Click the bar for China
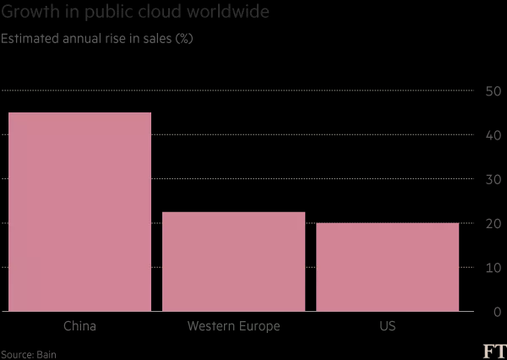click(x=79, y=211)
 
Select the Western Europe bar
click(x=233, y=261)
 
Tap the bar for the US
click(x=387, y=267)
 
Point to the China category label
click(x=79, y=326)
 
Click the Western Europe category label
click(x=233, y=326)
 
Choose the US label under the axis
click(x=387, y=326)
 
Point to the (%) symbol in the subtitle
click(x=183, y=39)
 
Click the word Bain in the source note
click(x=46, y=354)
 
